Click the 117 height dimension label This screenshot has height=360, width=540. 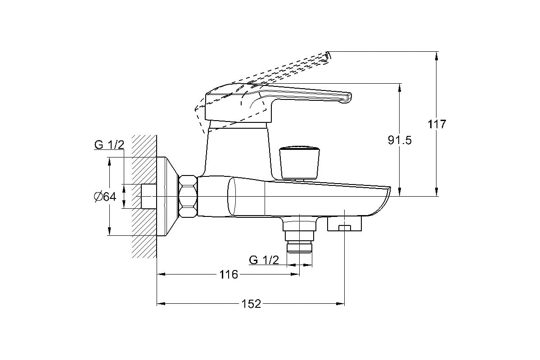point(437,124)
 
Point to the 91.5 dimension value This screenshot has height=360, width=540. point(400,140)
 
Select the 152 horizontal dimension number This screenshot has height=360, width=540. point(251,304)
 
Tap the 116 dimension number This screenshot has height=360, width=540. point(229,274)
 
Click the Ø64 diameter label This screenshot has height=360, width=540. point(105,197)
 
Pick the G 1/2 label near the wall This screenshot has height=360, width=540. point(109,145)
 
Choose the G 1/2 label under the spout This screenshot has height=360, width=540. point(264,260)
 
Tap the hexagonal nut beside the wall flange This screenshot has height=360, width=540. point(188,197)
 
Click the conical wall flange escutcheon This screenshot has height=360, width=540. point(167,197)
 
